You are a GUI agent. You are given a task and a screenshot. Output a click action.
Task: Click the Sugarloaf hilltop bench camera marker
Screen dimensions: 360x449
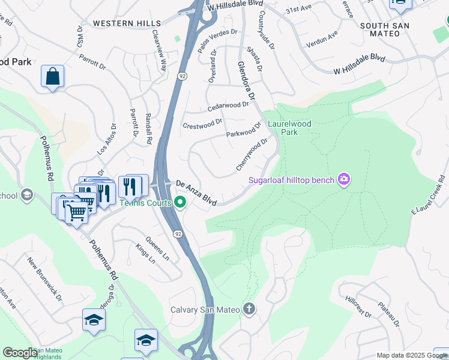pyautogui.click(x=344, y=179)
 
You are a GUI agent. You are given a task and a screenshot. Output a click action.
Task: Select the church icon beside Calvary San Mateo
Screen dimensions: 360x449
pyautogui.click(x=249, y=310)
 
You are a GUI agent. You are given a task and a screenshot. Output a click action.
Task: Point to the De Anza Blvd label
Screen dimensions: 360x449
pyautogui.click(x=195, y=191)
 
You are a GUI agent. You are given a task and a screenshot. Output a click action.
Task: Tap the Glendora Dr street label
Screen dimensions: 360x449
pyautogui.click(x=247, y=80)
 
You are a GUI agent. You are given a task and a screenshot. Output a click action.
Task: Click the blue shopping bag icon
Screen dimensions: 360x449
pyautogui.click(x=53, y=77)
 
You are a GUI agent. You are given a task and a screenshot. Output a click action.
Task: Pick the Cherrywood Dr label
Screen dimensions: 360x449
pyautogui.click(x=252, y=155)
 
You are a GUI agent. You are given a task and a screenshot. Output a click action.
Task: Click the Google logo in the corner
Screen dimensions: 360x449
pyautogui.click(x=20, y=353)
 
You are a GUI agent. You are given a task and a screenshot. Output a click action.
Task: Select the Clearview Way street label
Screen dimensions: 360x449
pyautogui.click(x=158, y=51)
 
